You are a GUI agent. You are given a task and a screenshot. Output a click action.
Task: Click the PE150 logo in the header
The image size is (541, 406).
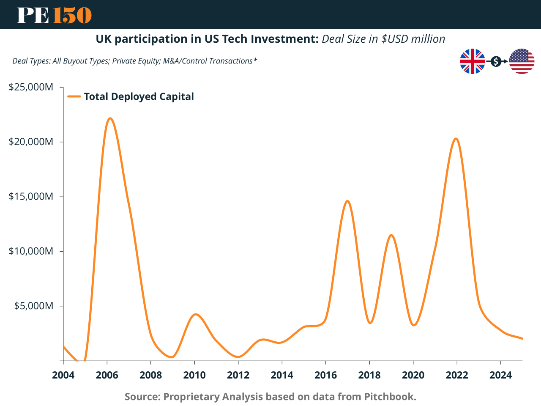coord(54,15)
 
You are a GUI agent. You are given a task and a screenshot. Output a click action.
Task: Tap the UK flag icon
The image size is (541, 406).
coord(472,61)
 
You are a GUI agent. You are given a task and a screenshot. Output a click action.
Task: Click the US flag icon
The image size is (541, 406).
coord(522,61)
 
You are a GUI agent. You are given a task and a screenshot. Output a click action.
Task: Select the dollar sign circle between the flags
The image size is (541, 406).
coord(496,62)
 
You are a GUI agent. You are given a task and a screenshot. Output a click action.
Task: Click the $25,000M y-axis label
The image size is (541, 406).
coord(31,87)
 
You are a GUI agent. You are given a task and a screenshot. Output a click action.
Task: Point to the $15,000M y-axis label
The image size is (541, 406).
coord(31,197)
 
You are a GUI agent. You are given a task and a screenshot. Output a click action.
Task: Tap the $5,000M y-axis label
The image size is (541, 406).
coord(34,306)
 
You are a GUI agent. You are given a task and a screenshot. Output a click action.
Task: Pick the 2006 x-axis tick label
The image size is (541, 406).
coord(107,375)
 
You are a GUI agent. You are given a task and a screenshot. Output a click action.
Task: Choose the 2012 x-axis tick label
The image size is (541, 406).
coord(238,375)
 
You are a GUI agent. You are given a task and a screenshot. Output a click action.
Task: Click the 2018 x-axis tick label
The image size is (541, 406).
coord(369,375)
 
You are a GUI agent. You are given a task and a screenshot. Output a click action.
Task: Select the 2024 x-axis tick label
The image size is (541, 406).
coord(500,375)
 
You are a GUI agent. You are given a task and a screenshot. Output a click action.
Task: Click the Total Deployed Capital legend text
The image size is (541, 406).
coord(139,96)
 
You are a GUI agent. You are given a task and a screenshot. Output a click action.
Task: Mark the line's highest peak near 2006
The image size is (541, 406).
coord(110,118)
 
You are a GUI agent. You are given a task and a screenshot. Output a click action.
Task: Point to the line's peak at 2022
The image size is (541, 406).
coord(456,139)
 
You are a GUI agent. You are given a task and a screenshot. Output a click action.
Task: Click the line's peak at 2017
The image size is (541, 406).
coord(347,201)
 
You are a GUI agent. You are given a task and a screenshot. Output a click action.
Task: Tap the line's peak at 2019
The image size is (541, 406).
coord(391,235)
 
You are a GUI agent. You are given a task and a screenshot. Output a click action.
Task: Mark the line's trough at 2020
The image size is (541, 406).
coord(414,325)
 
